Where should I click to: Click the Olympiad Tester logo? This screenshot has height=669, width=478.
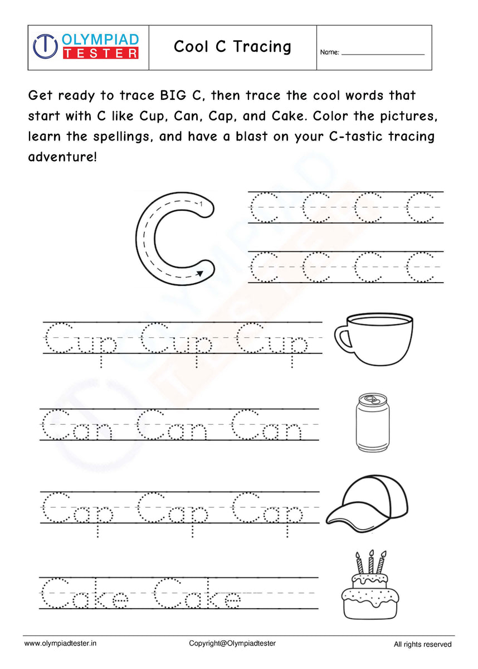pos(86,46)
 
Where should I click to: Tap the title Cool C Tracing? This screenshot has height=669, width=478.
pos(232,47)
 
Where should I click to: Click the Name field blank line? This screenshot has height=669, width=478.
pos(382,54)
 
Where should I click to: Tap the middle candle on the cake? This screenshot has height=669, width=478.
pos(370,562)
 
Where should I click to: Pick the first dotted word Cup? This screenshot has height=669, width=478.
pos(80,341)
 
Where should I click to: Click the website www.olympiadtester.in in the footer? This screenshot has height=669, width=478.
pos(60,643)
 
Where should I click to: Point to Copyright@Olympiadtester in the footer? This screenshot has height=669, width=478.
pos(232,643)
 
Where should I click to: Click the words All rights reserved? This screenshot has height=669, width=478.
pos(422,644)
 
